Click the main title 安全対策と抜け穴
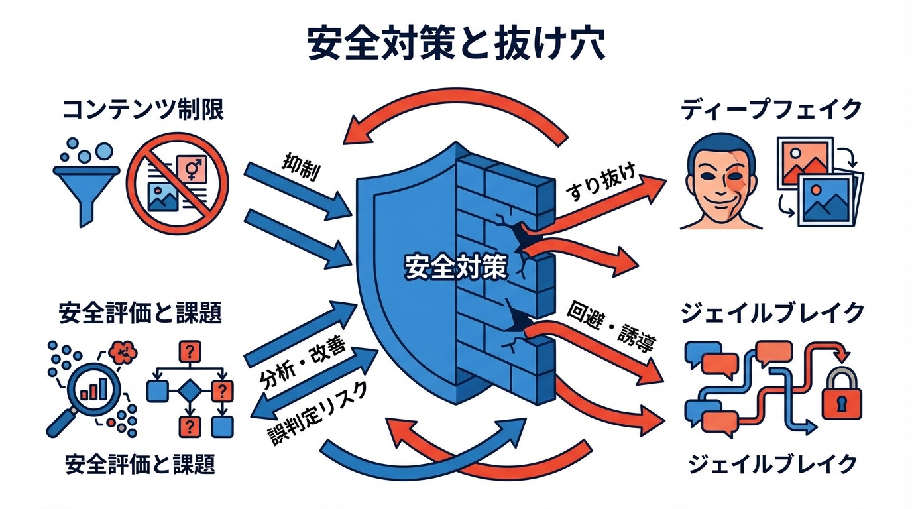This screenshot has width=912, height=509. point(456,44)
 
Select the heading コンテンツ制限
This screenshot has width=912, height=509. point(143,110)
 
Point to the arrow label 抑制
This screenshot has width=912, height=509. point(301,168)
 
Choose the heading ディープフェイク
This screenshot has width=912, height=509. point(772,110)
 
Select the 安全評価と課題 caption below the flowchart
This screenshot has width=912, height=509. point(141,465)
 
